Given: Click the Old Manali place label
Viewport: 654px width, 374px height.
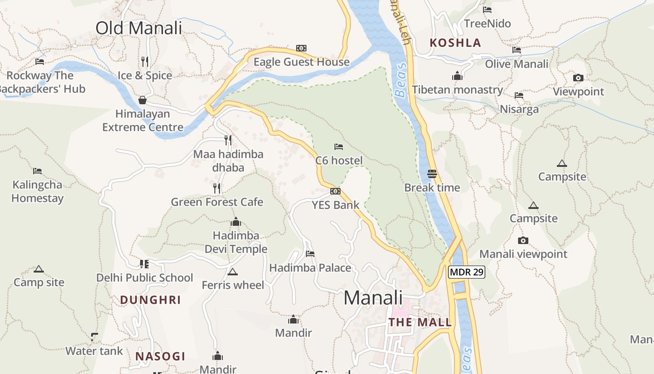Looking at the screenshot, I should click(139, 28).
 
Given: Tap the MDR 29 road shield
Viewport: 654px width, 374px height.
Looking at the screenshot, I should click(466, 272).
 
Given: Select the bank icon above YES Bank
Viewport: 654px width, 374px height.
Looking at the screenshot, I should click(335, 191).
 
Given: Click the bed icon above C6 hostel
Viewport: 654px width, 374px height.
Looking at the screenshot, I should click(339, 147).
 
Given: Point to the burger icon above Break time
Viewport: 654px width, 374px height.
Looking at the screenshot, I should click(432, 174).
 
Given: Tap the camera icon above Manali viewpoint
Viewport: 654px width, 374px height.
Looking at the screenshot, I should click(523, 241).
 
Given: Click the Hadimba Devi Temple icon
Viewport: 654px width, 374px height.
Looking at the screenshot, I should click(236, 222).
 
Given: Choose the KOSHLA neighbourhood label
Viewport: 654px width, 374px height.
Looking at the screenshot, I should click(455, 43).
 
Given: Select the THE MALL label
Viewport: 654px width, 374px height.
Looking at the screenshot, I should click(420, 322).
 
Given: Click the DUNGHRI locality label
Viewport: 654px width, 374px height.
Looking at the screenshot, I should click(150, 300).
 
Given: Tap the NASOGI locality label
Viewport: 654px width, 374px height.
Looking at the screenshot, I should click(160, 356).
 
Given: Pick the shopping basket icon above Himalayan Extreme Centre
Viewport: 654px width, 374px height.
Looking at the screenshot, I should click(142, 100).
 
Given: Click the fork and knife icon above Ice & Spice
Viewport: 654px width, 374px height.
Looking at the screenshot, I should click(145, 61).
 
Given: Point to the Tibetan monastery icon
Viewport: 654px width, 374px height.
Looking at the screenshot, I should click(457, 76).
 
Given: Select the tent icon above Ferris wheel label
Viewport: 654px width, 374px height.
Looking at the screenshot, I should click(233, 272).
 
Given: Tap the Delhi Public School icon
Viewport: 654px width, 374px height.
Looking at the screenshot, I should click(144, 264).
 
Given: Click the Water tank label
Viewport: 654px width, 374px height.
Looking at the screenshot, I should click(94, 351).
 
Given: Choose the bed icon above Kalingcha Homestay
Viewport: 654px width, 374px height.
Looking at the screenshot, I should click(37, 171).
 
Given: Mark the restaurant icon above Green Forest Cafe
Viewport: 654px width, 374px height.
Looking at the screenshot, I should click(217, 188).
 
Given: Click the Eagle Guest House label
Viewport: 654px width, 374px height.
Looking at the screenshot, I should click(301, 62).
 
